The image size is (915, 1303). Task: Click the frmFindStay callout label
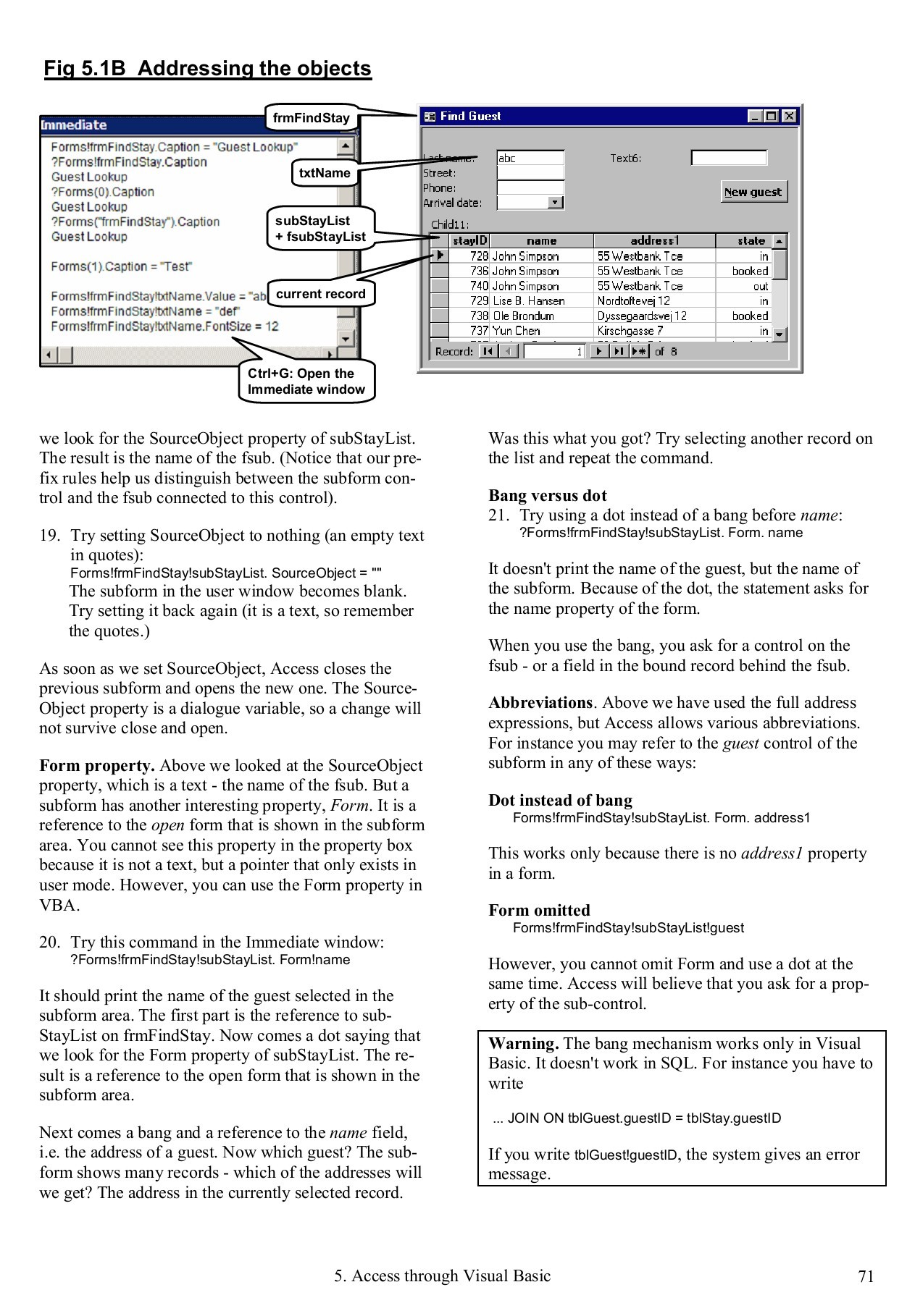coord(311,118)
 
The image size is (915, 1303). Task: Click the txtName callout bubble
coord(325,173)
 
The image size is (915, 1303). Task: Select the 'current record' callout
coord(320,294)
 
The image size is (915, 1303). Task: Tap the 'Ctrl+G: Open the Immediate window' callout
coord(306,381)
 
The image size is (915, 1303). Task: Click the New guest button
coord(753,192)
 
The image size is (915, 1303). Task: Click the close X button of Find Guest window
coord(789,117)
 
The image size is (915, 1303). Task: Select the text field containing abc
coord(530,158)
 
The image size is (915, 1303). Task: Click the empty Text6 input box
coord(728,158)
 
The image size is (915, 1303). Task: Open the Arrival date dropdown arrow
coord(556,203)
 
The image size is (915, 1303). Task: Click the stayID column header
coord(469,241)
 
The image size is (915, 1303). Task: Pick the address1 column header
coord(654,241)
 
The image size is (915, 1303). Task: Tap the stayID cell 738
coord(478,316)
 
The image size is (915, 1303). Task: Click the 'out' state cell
coord(760,286)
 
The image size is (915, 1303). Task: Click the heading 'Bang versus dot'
coord(547,496)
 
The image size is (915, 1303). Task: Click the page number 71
coord(866,1276)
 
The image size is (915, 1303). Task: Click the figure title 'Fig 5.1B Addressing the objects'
coord(207,69)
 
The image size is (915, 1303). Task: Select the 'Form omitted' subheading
coord(539,910)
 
